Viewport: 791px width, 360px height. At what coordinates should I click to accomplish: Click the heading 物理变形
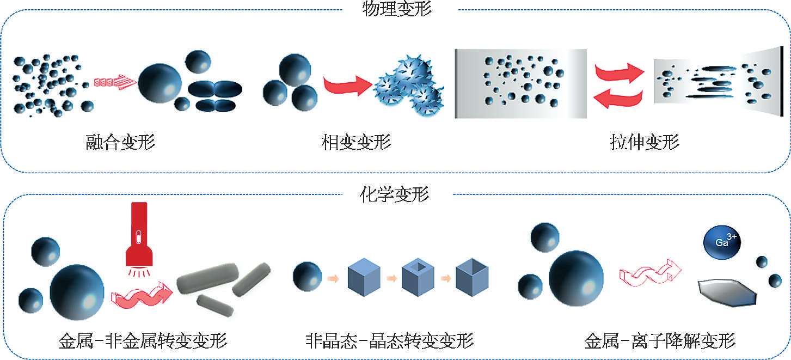coord(396,9)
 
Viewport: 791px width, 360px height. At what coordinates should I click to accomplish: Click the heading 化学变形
coord(395,193)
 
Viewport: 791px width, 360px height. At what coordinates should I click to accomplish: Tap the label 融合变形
coord(120,143)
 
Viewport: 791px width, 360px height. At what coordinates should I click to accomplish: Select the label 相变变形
coord(356,143)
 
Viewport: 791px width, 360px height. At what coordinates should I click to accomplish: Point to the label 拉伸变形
coord(644,143)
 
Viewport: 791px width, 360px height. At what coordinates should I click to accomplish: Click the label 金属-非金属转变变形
coord(143,341)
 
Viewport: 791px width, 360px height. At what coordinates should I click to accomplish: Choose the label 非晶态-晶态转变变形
coord(390,341)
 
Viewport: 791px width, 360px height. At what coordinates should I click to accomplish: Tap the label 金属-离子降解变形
coord(660,341)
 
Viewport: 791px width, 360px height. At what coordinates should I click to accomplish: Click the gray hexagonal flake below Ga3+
coord(727,291)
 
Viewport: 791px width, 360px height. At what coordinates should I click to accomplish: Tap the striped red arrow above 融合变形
coord(114,82)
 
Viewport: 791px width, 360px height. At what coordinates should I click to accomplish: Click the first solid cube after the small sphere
coord(363,277)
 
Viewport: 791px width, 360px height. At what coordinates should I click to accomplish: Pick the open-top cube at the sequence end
coord(471,277)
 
